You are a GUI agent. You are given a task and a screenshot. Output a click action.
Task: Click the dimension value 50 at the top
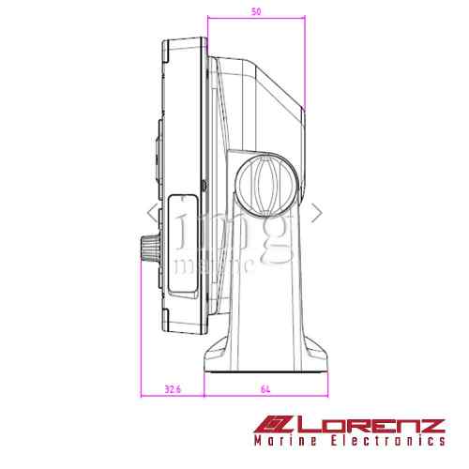tap(256, 10)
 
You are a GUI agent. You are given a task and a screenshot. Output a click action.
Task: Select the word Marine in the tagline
tap(288, 441)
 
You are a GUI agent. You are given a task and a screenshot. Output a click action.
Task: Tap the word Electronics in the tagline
tap(390, 441)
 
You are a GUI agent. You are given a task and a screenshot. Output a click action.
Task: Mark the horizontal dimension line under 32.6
tap(173, 396)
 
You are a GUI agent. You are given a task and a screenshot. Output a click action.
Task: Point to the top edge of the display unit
tap(186, 39)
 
